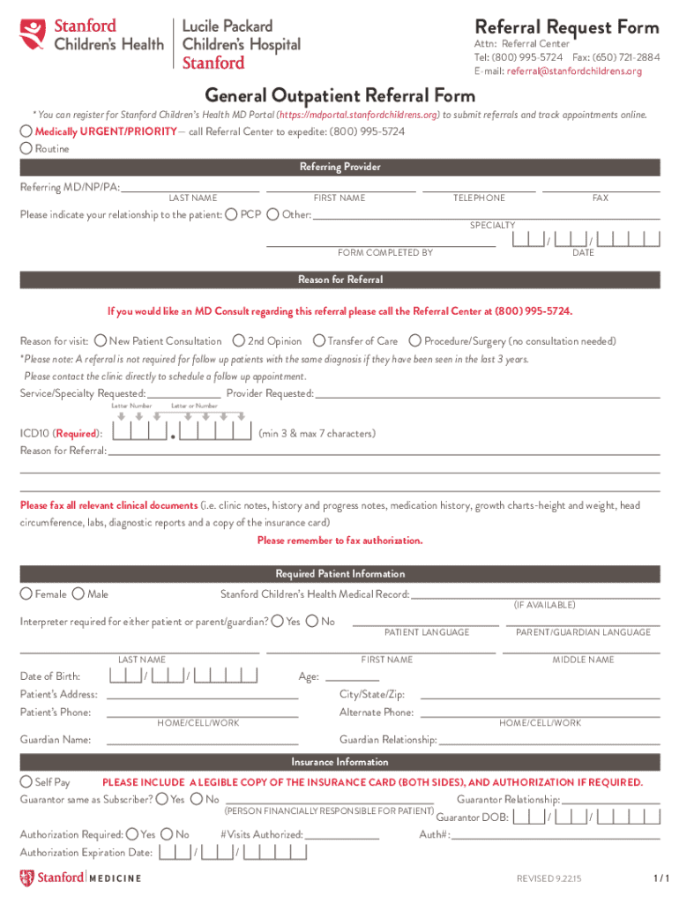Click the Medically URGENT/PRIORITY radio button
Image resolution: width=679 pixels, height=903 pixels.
point(26,131)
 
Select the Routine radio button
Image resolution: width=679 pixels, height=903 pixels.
point(26,149)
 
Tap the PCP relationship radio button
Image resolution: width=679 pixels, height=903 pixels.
point(231,214)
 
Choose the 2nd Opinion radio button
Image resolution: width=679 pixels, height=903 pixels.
point(238,340)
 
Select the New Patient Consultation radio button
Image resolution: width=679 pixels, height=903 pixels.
point(101,340)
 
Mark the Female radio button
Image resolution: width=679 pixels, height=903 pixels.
point(26,594)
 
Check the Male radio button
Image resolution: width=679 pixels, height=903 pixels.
point(78,594)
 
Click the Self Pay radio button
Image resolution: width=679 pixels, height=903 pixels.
point(26,782)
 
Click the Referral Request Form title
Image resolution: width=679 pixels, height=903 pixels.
point(567,26)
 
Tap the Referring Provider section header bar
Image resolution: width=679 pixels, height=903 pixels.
point(339,168)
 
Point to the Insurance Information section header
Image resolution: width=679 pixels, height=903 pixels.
point(339,762)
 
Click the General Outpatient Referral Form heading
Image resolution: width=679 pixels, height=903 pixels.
point(339,95)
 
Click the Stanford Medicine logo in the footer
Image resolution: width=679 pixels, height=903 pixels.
point(80,877)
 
